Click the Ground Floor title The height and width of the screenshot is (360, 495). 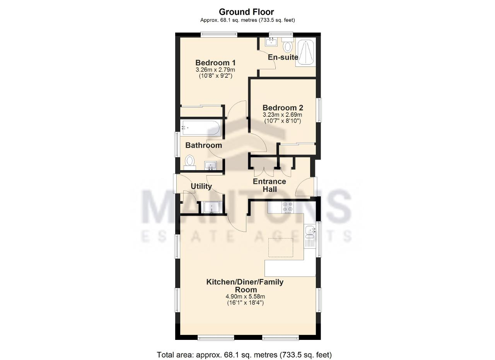coord(246,12)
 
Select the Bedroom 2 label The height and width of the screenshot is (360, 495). coord(283,108)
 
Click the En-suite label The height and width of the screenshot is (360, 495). coord(283,57)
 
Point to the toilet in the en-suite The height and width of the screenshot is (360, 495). coord(287,45)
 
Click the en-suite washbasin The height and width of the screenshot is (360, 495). coord(271,42)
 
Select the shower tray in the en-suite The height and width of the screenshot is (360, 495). coord(306,53)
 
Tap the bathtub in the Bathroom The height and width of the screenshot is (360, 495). coord(200,128)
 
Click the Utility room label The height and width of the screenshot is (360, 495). coord(201,186)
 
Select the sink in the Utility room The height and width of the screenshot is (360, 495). coord(212,207)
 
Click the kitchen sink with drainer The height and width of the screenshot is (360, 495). coord(310,236)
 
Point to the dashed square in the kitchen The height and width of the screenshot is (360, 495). coord(281,247)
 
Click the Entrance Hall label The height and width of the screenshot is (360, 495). coord(270,185)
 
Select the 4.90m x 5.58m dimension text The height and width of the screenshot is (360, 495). coord(245,297)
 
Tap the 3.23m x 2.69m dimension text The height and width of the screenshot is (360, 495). coord(282,115)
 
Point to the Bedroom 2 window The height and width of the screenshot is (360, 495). coord(319,110)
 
